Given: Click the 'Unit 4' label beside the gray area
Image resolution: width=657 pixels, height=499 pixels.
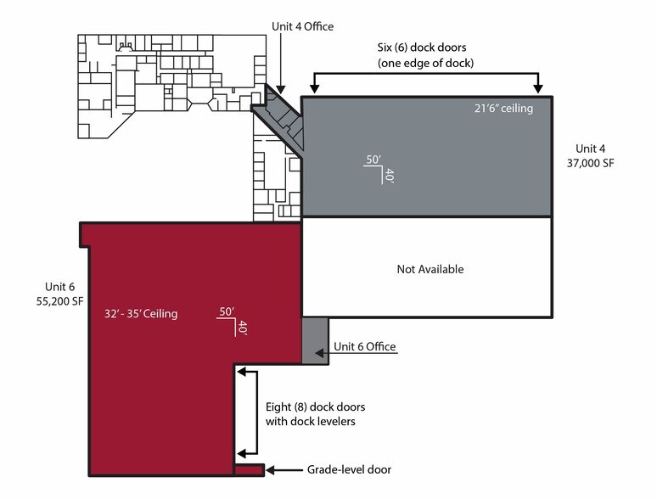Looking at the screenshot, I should tap(592, 148).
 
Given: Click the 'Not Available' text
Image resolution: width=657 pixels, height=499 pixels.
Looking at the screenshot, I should tap(430, 269).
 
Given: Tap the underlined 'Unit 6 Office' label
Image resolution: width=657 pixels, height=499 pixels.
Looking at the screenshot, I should tap(365, 346).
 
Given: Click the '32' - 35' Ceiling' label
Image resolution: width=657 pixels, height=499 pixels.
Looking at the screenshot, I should tap(140, 314).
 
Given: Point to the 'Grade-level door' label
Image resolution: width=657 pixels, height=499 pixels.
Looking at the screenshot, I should tap(351, 469).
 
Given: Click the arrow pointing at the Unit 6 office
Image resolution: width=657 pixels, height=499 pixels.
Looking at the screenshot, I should tap(320, 347).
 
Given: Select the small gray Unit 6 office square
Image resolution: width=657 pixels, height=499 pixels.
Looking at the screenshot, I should tap(315, 340).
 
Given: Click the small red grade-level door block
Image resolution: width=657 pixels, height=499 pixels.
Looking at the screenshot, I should tap(250, 469).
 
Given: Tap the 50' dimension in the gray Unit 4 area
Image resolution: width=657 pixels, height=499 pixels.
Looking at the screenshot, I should tap(372, 160).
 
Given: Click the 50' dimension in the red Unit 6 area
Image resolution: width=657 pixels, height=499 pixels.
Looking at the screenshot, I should tap(226, 311).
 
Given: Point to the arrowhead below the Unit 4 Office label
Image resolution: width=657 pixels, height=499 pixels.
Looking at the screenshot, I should tap(281, 87).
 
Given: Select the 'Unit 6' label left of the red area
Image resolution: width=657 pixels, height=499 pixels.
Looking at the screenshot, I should tap(62, 286).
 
